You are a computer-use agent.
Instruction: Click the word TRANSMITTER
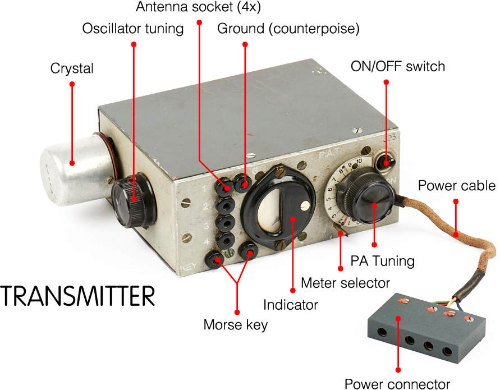click(x=77, y=296)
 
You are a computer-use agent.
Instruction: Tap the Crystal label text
click(x=72, y=68)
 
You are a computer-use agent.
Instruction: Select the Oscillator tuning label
click(x=133, y=29)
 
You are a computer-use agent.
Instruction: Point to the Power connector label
click(x=397, y=384)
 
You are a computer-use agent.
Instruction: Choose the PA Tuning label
click(x=382, y=260)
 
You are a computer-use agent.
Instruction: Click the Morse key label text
click(x=236, y=324)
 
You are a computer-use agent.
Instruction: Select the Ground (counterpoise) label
click(x=288, y=29)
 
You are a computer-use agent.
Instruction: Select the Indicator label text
click(x=291, y=305)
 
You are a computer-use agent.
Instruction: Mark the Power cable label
click(x=457, y=186)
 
